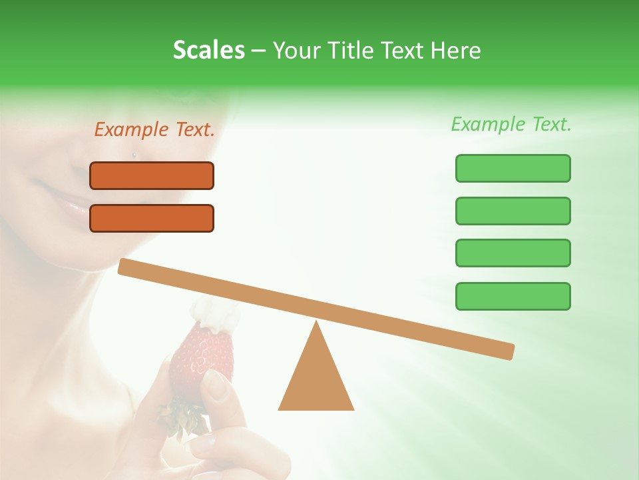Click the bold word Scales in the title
tap(208, 50)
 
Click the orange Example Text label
tap(154, 130)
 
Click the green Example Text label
tap(511, 124)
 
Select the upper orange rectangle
tap(152, 175)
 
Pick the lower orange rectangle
tap(152, 218)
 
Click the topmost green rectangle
tap(513, 168)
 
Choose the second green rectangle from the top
tap(513, 211)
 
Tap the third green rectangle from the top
tap(513, 253)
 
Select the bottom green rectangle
tap(513, 296)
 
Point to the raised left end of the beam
tap(126, 266)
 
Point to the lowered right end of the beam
tap(505, 351)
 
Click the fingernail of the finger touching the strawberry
tap(217, 385)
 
